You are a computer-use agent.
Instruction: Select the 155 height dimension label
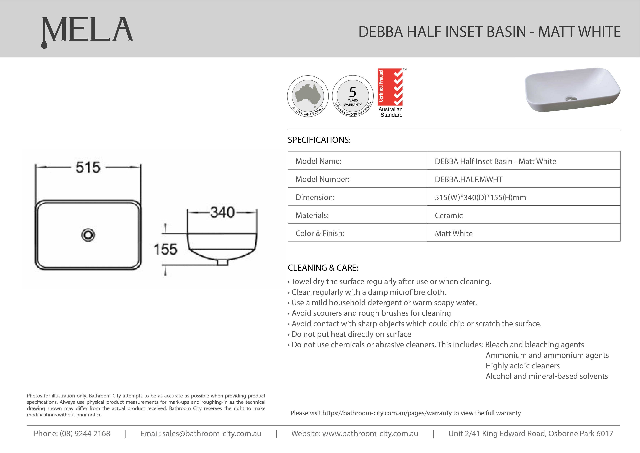[165, 249]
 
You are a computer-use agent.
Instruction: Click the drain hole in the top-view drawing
[88, 235]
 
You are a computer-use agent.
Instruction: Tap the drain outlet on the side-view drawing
[222, 263]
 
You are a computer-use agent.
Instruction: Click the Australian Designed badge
[308, 96]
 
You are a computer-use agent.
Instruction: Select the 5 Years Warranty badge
[353, 96]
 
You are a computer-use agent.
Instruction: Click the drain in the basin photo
[571, 99]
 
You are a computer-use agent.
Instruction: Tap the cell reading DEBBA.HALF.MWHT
[469, 179]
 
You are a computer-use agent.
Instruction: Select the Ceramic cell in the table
[449, 215]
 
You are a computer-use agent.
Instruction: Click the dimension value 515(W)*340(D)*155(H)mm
[480, 197]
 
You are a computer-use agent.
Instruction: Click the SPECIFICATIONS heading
[319, 140]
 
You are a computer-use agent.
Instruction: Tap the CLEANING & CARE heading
[323, 268]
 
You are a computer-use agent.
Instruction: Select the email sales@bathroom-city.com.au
[212, 434]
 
